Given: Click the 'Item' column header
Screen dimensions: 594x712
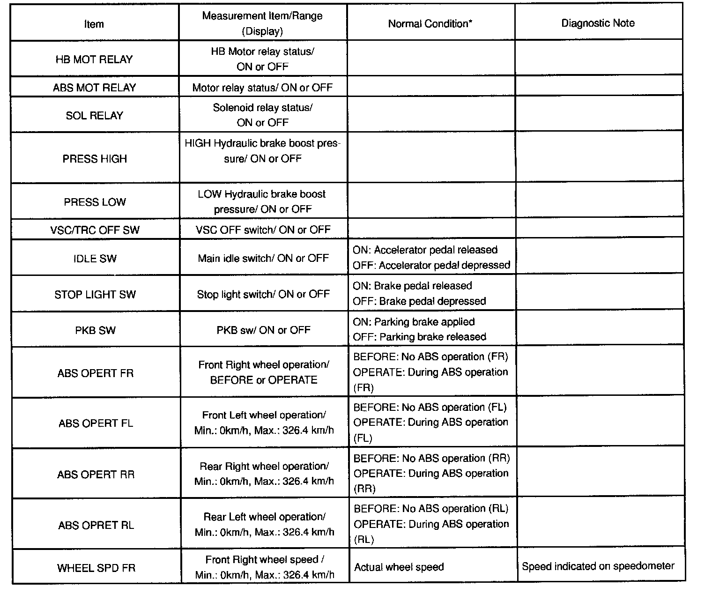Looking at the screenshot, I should pos(94,24).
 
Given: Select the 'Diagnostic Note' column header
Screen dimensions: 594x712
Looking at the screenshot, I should pos(598,23).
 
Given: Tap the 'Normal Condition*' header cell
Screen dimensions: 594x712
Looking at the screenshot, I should pos(430,24).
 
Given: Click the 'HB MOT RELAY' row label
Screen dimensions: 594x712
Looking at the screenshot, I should pos(94,59).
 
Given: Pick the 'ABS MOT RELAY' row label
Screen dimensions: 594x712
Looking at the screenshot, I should pos(94,88).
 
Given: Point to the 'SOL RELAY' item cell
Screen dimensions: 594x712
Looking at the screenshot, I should pos(94,116).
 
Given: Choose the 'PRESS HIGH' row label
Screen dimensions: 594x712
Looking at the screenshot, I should pos(95,159).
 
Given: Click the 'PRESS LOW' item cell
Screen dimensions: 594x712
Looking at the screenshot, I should pos(95,202).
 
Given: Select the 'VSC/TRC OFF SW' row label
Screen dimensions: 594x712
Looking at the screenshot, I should pos(95,230).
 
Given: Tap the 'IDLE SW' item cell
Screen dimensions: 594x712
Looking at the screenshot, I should pos(95,259).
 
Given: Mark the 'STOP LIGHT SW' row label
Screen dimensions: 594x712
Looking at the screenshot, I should pos(95,295).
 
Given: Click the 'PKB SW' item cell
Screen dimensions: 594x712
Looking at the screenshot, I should pos(95,330).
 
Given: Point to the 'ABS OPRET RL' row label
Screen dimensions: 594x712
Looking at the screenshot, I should pos(96,525).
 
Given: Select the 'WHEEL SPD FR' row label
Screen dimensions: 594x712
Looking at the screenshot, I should pos(96,568).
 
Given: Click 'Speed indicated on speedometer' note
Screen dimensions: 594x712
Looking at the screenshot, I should pos(598,566).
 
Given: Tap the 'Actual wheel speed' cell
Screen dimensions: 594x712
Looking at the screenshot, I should pos(399,567).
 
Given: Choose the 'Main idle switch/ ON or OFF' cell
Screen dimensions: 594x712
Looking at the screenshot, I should pos(263,258).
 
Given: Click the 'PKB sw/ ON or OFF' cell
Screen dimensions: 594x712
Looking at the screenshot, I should pos(263,330).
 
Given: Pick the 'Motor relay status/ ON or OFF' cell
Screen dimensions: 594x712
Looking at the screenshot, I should pos(262,88).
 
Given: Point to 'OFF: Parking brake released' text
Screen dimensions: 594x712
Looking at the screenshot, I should pos(419,337).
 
